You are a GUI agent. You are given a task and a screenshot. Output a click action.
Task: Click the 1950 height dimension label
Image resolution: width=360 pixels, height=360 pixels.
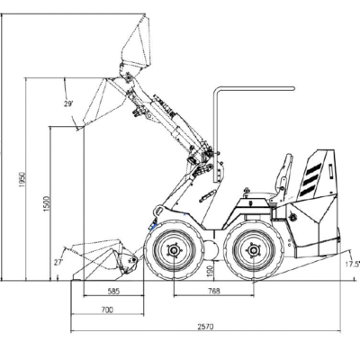(22, 180)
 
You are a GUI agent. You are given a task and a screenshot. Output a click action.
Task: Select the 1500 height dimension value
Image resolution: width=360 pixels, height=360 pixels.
(46, 204)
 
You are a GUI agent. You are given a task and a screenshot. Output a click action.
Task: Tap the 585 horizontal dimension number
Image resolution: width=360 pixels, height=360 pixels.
(113, 291)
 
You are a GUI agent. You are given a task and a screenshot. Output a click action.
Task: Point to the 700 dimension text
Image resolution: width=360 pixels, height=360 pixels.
(107, 310)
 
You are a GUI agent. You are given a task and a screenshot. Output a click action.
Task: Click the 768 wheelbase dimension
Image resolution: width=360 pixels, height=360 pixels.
(213, 291)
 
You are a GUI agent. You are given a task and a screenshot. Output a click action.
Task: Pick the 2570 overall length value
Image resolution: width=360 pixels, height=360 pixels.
(205, 327)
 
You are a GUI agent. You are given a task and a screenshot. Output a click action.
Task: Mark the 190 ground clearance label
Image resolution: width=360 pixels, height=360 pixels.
(210, 271)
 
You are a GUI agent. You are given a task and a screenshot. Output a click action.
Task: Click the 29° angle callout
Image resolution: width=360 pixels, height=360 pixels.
(68, 103)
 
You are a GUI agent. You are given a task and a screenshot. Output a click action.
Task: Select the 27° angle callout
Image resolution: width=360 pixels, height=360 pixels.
(58, 262)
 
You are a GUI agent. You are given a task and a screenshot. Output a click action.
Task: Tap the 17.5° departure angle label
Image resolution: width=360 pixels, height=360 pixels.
(353, 264)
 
